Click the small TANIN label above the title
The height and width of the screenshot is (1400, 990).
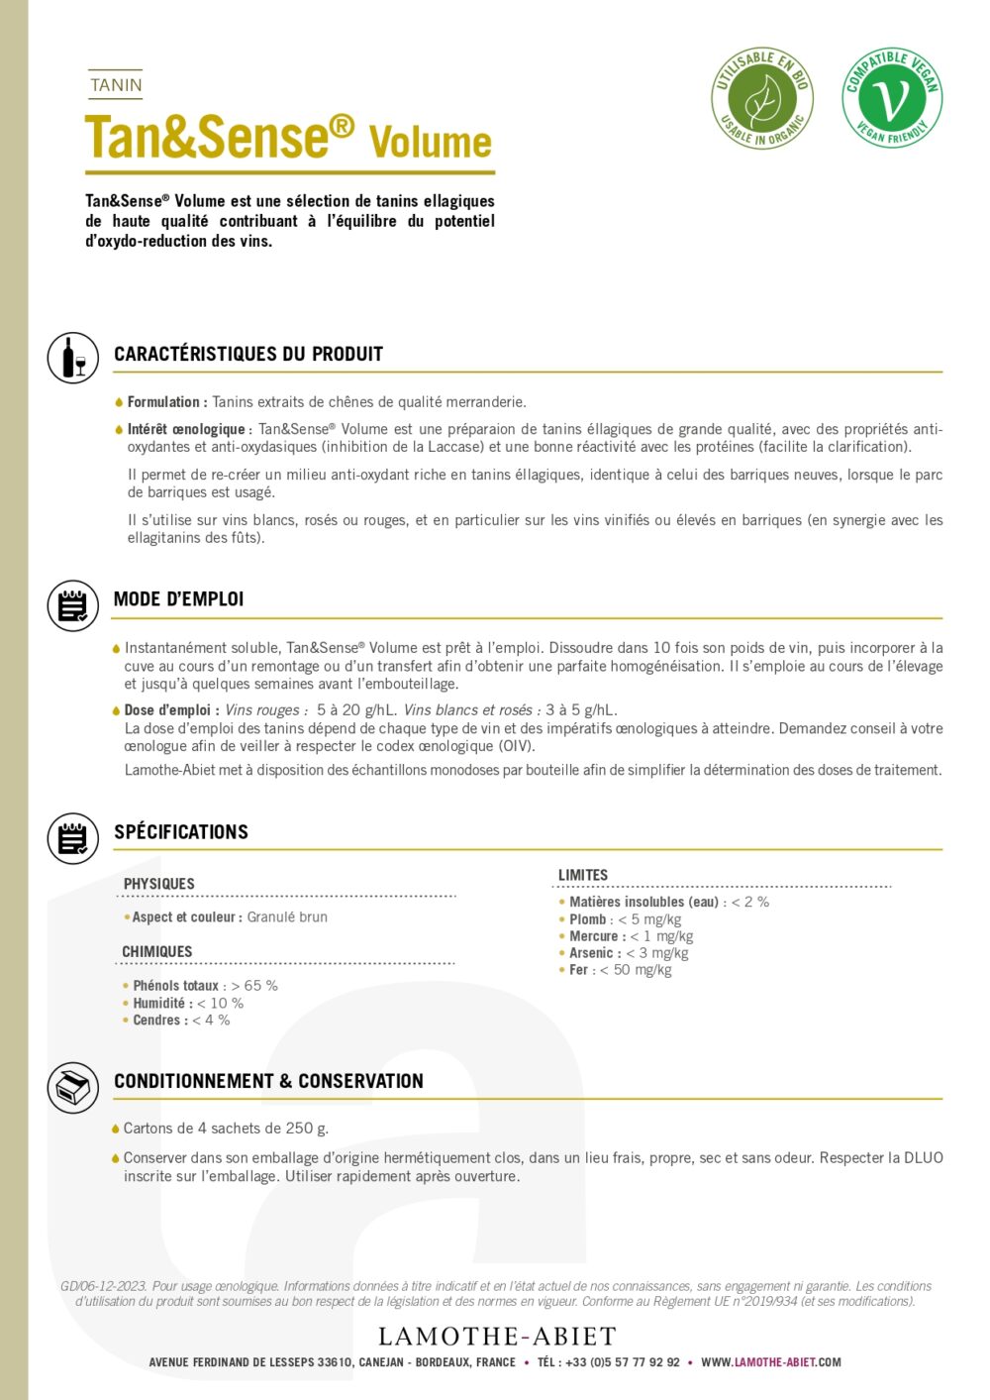tap(116, 85)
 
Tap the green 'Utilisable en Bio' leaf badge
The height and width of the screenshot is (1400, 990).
tap(761, 99)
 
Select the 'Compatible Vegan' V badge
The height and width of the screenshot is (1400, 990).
tap(892, 98)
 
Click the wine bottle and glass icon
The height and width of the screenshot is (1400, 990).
tap(73, 358)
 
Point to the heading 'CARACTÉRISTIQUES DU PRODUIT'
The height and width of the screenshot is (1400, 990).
tap(247, 354)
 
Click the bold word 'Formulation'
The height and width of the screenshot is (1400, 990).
tap(163, 402)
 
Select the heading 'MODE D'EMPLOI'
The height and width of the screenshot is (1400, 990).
tap(178, 598)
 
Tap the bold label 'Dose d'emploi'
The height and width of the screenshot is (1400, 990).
tap(167, 710)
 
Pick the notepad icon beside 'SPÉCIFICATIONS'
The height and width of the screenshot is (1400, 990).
tap(73, 838)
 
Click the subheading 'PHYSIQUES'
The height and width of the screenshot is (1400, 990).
tap(158, 884)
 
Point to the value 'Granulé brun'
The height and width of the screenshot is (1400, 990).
tap(287, 917)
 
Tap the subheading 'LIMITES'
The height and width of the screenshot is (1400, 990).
tap(583, 875)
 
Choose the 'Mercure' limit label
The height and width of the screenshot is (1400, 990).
tap(594, 936)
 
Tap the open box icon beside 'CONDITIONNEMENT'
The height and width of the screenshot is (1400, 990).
tap(73, 1087)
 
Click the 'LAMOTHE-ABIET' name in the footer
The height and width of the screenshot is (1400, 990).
tap(497, 1337)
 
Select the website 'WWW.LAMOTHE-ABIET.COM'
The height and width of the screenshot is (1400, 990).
tap(771, 1362)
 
